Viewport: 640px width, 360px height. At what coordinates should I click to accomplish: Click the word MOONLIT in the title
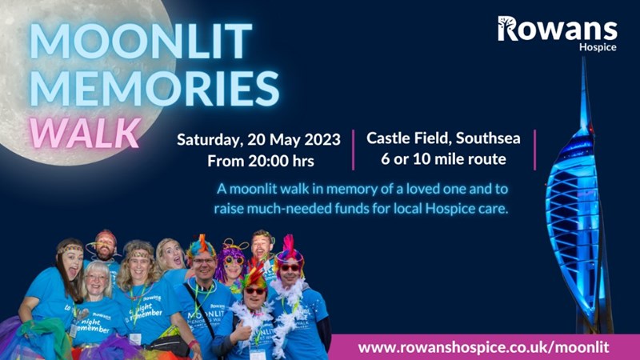(x=141, y=41)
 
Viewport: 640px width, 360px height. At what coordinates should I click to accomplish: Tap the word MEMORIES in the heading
(x=154, y=88)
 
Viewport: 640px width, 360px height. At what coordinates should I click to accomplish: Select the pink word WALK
(x=85, y=133)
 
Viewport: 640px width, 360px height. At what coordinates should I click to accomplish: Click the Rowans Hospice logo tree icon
(x=507, y=28)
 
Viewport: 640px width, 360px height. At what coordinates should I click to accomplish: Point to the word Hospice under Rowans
(x=598, y=47)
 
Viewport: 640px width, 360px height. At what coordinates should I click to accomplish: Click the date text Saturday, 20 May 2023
(x=258, y=139)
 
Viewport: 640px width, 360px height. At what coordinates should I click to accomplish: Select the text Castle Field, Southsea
(x=443, y=138)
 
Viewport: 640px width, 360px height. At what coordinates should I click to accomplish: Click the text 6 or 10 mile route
(x=443, y=158)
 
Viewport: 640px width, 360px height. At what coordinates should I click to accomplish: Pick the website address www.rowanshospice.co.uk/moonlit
(x=484, y=347)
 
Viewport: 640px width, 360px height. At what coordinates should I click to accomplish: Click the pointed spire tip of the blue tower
(x=584, y=58)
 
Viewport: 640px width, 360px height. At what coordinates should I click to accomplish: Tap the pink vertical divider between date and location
(x=353, y=150)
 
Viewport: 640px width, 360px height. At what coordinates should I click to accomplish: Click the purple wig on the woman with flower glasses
(x=233, y=262)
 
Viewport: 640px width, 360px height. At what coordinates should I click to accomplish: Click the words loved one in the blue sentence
(x=426, y=189)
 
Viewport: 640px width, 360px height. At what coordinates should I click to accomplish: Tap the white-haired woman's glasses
(x=97, y=278)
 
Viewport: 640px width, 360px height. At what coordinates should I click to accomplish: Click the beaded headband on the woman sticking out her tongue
(x=70, y=249)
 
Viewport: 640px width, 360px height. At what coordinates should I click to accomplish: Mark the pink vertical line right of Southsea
(x=534, y=150)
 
